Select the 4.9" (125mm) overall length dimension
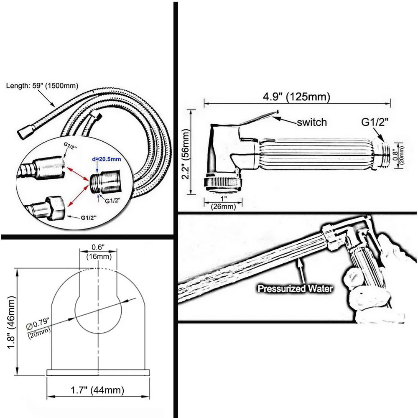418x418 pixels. [x=296, y=97]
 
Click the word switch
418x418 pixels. [x=311, y=122]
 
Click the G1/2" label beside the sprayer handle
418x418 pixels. [x=375, y=123]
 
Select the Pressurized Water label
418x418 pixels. [x=295, y=288]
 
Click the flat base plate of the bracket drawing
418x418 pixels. [x=98, y=372]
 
